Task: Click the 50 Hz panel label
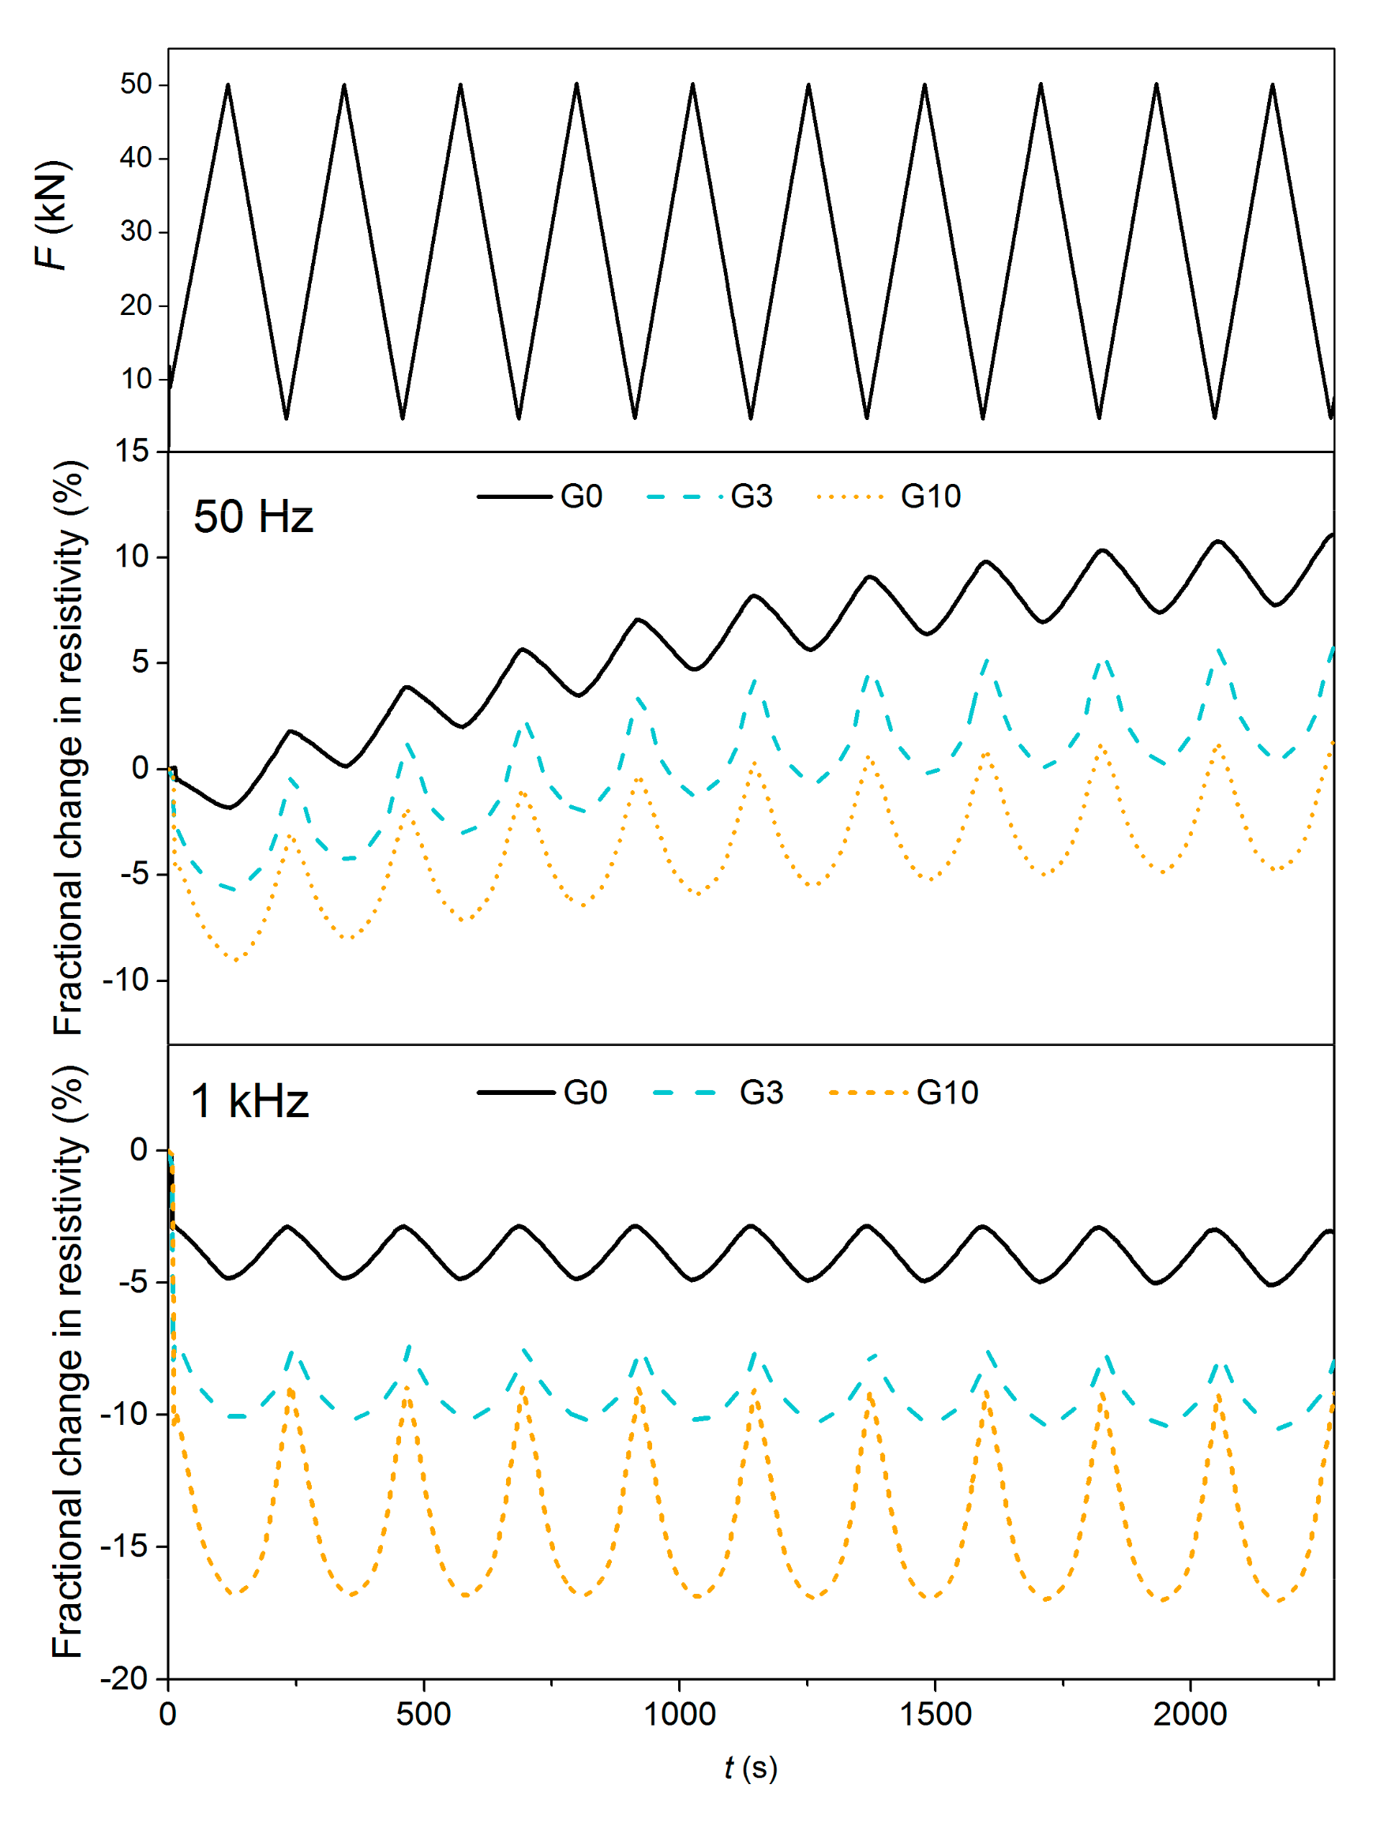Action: tap(253, 517)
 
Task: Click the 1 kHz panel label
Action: tap(249, 1101)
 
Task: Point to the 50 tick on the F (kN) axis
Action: tap(136, 84)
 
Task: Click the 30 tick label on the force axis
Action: tap(136, 231)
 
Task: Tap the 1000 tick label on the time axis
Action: tap(679, 1715)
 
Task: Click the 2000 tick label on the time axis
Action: tap(1190, 1715)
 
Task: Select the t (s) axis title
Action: tap(751, 1768)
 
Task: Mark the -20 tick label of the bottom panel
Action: tap(124, 1678)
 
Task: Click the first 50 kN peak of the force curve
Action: tap(228, 84)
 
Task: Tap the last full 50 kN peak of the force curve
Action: tap(1273, 84)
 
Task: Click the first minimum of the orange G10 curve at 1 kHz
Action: tap(234, 1592)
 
